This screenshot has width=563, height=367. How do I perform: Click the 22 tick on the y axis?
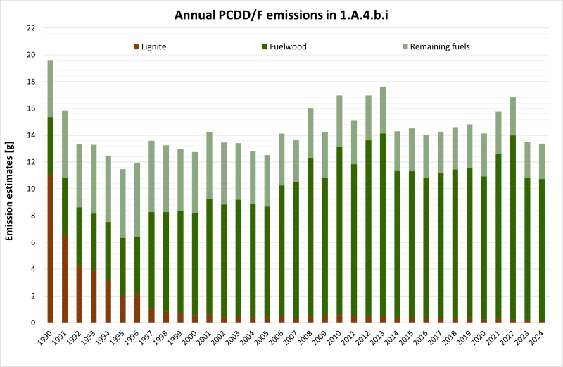tap(30, 28)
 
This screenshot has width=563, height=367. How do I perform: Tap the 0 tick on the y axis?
tap(32, 323)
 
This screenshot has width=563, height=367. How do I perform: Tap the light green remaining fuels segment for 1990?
tap(51, 89)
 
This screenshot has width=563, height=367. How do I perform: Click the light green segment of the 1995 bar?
tap(123, 204)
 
